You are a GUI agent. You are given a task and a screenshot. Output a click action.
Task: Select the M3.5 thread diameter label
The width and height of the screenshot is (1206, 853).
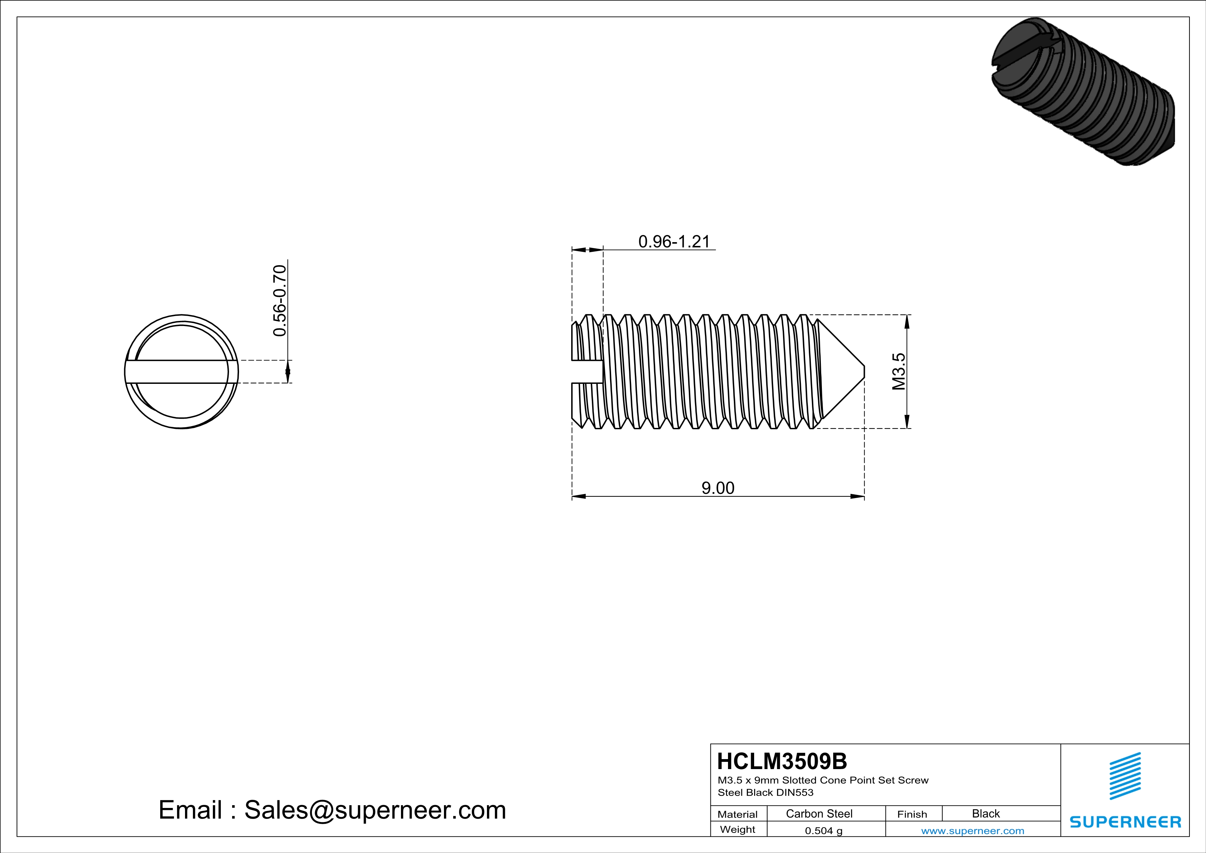[899, 371]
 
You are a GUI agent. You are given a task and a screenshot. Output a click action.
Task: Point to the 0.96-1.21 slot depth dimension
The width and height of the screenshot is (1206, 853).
[674, 241]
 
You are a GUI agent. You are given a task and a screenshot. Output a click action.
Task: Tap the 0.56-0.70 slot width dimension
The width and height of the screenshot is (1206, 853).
[280, 300]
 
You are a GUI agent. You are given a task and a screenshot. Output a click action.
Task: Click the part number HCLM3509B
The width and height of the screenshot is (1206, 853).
[782, 761]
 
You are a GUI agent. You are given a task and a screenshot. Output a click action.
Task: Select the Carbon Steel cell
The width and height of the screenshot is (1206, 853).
[819, 813]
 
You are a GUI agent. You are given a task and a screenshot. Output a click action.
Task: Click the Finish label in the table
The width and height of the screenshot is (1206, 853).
[912, 814]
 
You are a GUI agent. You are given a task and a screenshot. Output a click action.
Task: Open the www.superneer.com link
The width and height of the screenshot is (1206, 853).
[972, 830]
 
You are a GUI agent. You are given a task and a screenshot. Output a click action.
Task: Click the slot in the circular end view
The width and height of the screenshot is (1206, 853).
[181, 372]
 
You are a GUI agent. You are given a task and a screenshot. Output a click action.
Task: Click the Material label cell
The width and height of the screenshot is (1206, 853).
[738, 814]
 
